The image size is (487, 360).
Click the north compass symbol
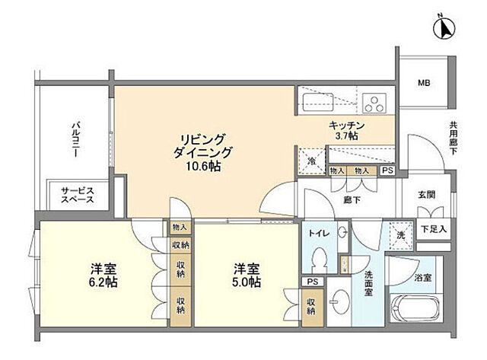[443, 29]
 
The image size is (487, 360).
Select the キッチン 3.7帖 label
[348, 129]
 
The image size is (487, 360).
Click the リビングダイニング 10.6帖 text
[202, 152]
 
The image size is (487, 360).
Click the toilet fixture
[320, 259]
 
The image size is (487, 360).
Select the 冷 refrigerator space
[312, 161]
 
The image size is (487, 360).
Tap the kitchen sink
[314, 102]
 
